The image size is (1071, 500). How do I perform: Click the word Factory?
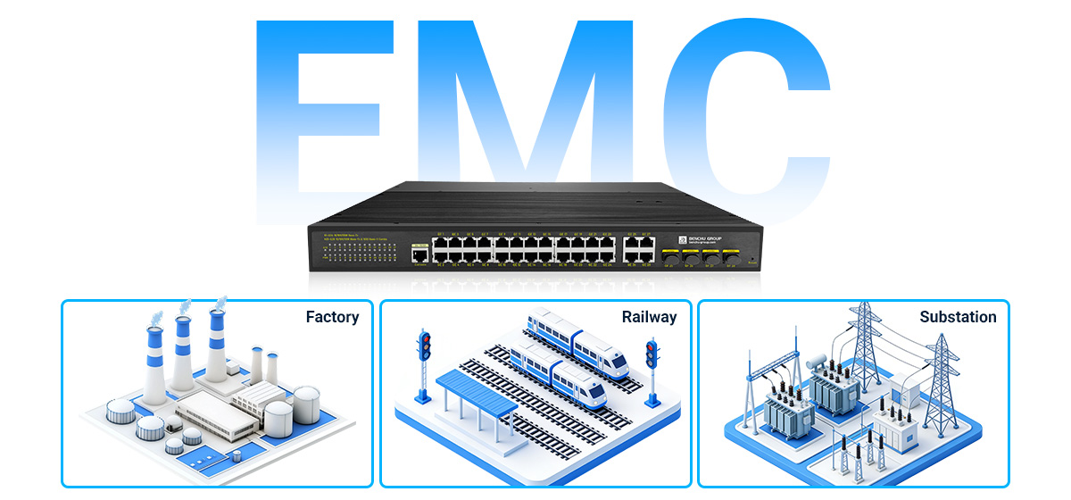[332, 317]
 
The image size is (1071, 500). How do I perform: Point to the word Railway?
[649, 317]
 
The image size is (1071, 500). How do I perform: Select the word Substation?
[958, 317]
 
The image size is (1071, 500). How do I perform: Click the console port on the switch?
[419, 254]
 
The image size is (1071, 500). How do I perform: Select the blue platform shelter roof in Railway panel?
[476, 394]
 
